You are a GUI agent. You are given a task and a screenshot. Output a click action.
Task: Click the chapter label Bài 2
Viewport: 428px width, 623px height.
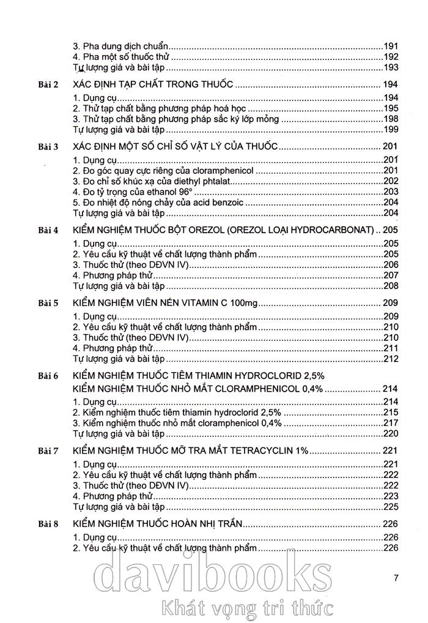pyautogui.click(x=47, y=85)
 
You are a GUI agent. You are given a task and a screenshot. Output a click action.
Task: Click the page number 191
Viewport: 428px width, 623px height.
pyautogui.click(x=391, y=46)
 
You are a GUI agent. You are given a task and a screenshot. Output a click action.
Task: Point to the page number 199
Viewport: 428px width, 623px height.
pyautogui.click(x=391, y=129)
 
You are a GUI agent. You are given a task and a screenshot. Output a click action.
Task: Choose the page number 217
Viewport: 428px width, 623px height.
pyautogui.click(x=391, y=423)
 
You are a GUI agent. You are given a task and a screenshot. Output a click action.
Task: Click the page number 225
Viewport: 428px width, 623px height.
pyautogui.click(x=391, y=507)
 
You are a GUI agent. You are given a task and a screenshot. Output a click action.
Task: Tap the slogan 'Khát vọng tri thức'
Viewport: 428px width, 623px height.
pyautogui.click(x=245, y=608)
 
